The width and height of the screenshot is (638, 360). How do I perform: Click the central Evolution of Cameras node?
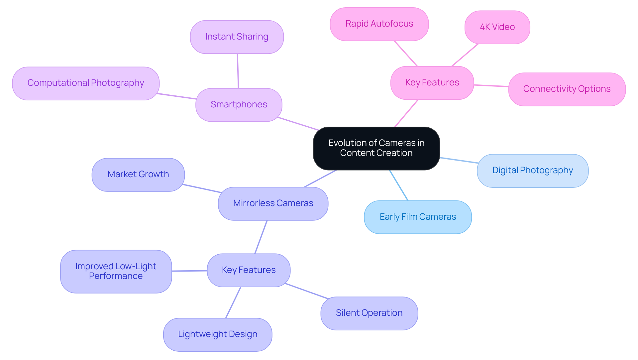tap(376, 148)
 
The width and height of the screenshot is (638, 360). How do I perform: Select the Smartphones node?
tap(239, 105)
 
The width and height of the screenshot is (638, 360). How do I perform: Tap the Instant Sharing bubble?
tap(237, 37)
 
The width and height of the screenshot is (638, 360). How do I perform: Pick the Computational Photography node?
tap(86, 83)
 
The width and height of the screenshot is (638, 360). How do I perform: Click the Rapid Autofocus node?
tap(379, 24)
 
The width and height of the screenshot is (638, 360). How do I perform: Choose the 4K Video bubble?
tap(497, 27)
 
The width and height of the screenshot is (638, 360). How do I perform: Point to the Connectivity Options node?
tap(567, 89)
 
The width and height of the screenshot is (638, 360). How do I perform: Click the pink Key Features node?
tap(432, 83)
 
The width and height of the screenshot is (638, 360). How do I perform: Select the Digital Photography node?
tap(532, 171)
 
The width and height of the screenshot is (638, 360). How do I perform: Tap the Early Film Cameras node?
tap(418, 217)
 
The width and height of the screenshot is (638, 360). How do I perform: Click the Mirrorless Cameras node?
tap(273, 203)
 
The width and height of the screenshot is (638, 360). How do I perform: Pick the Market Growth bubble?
tap(138, 175)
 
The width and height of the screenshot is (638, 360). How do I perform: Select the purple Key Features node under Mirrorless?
tap(249, 270)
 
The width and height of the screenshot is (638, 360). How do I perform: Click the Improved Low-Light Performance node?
tap(116, 271)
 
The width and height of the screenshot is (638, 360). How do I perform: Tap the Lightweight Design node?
tap(217, 334)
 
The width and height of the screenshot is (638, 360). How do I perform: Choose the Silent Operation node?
tap(369, 313)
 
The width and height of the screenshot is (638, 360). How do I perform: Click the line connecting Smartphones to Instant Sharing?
tap(238, 71)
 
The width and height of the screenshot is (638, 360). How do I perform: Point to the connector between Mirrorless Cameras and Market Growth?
tap(202, 188)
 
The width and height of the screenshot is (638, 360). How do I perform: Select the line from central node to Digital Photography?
tap(459, 160)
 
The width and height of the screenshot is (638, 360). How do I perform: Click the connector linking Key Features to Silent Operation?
tap(306, 291)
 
